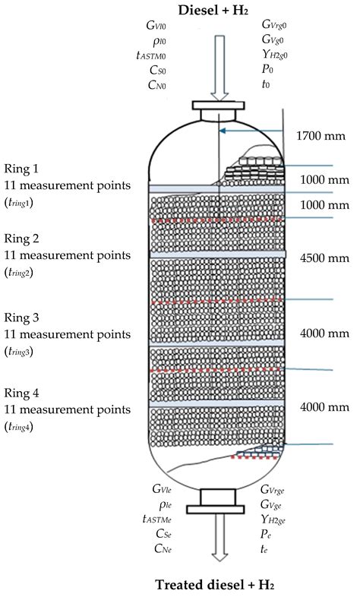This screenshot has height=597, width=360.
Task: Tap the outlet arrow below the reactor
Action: (x=215, y=542)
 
